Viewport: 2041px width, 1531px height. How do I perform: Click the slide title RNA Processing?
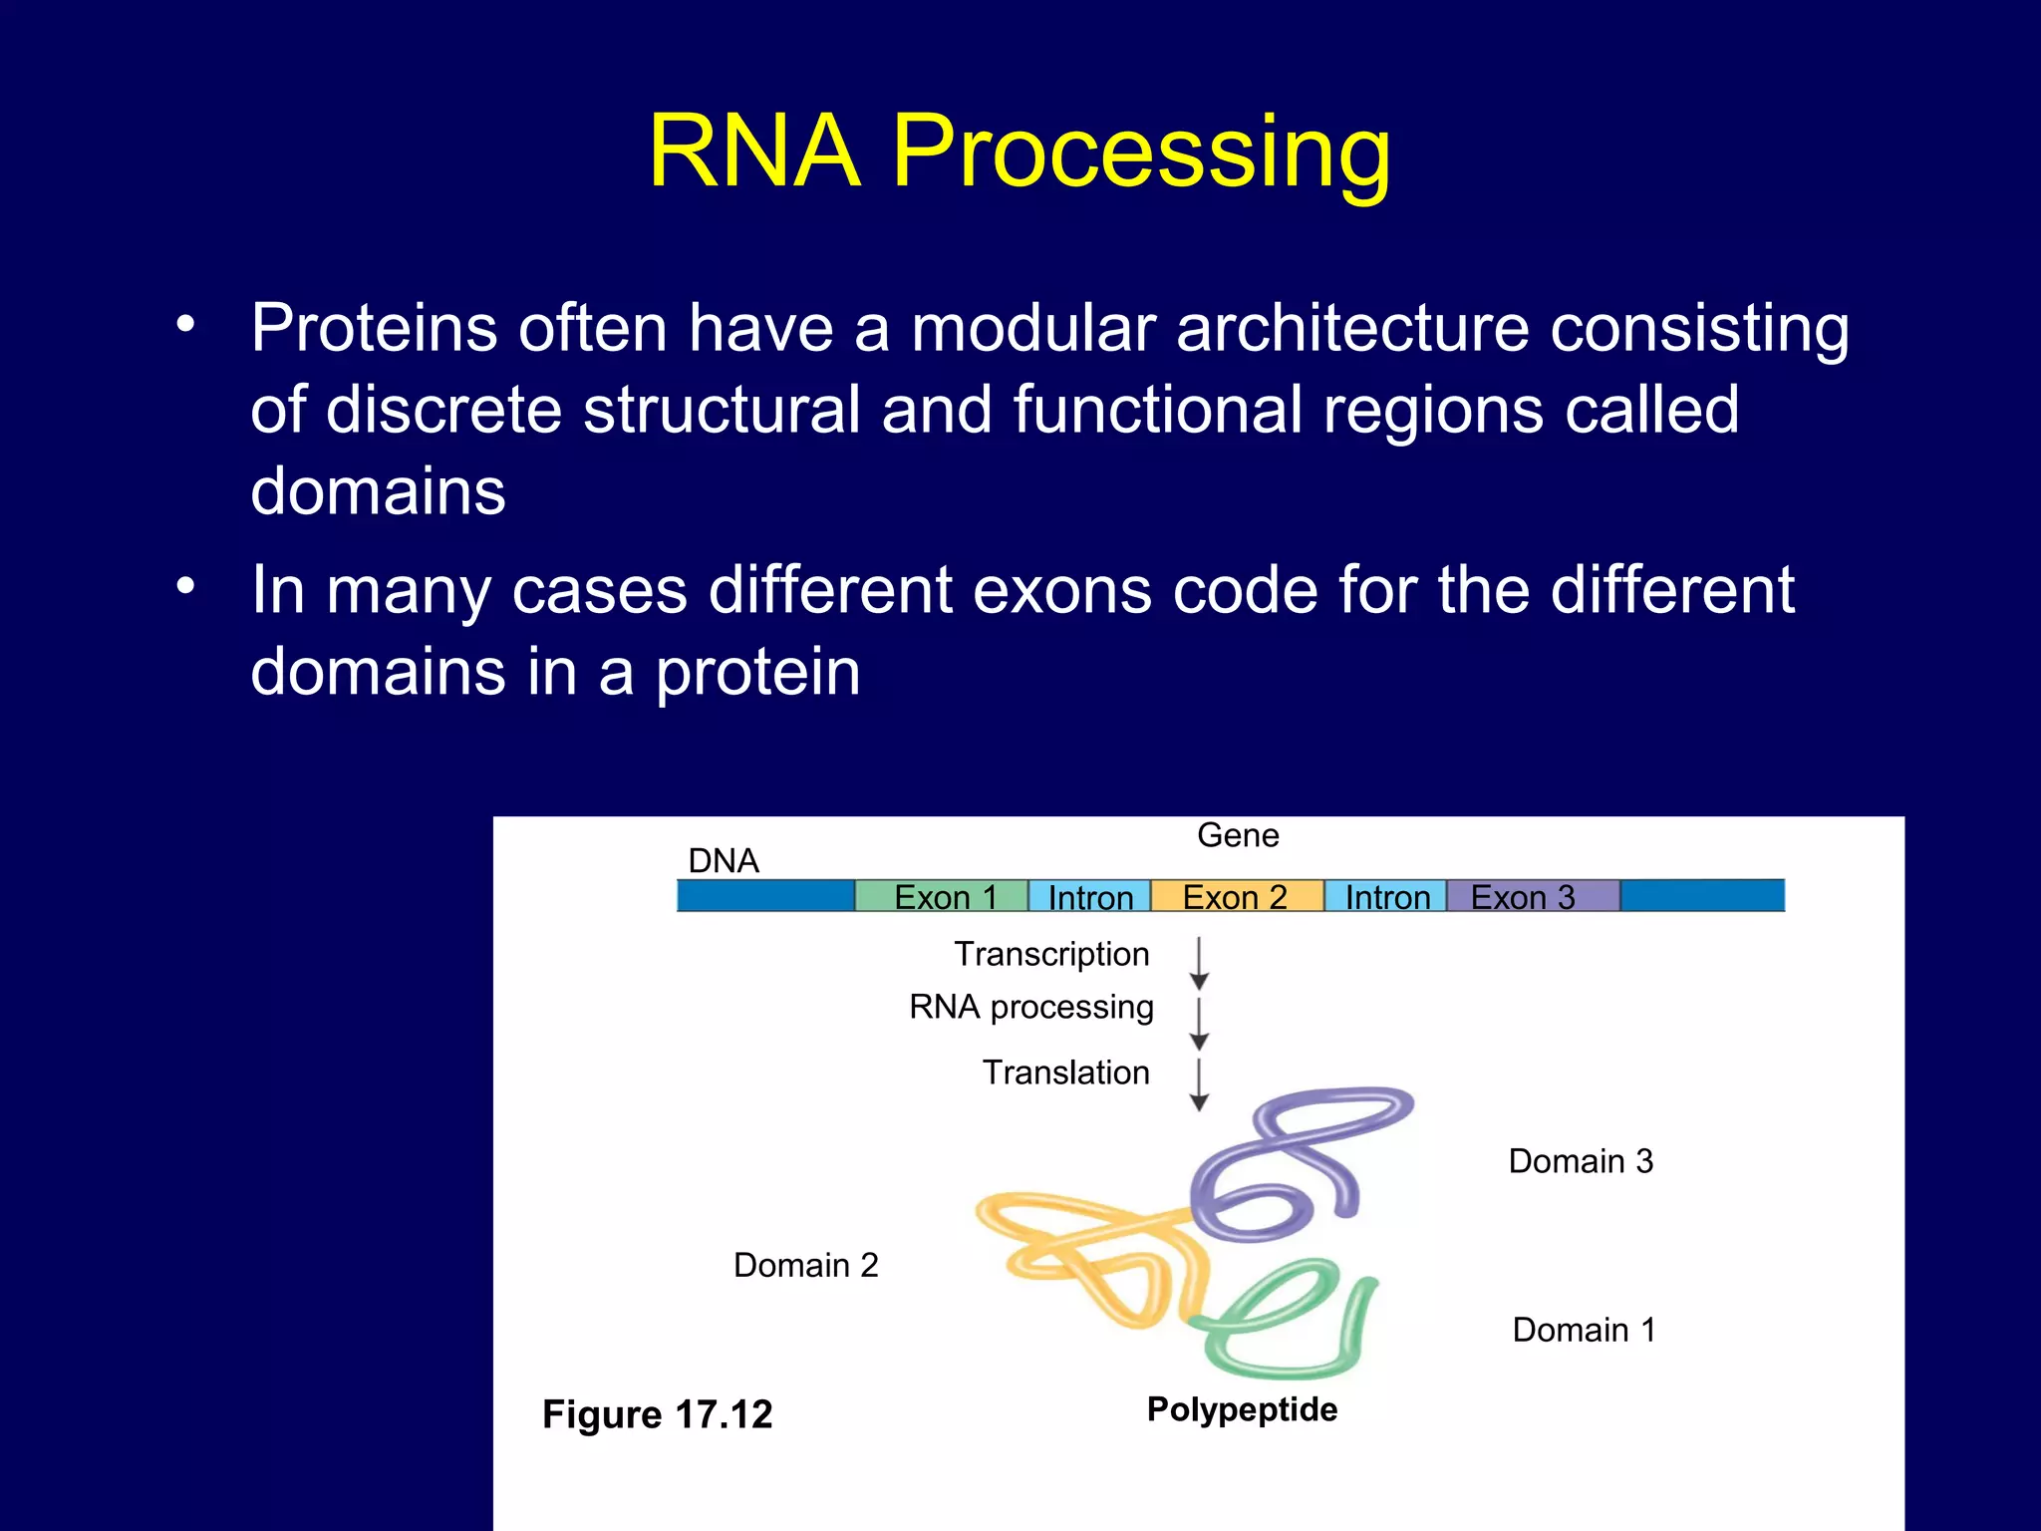click(x=1019, y=152)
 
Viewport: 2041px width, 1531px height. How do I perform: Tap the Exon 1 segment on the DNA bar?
click(x=942, y=896)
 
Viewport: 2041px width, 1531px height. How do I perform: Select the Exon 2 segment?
click(x=1236, y=896)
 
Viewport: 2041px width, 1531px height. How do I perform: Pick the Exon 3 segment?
click(x=1531, y=896)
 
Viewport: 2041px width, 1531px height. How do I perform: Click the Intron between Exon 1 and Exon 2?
click(x=1089, y=896)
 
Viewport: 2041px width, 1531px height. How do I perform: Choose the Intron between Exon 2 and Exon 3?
click(x=1386, y=896)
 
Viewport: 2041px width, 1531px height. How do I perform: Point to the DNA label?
click(x=724, y=860)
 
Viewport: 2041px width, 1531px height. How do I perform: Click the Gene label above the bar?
click(x=1238, y=835)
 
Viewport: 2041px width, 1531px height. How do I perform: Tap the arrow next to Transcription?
click(x=1200, y=963)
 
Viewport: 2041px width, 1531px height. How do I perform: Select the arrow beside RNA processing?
click(x=1200, y=1024)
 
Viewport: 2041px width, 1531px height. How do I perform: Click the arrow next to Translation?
click(x=1200, y=1085)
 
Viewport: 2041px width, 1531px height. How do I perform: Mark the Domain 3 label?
click(x=1581, y=1161)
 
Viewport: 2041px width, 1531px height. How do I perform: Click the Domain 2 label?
click(x=805, y=1265)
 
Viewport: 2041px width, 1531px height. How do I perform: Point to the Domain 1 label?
click(x=1584, y=1330)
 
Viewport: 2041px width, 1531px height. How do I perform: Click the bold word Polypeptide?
click(x=1242, y=1409)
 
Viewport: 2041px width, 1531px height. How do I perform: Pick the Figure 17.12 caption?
click(x=657, y=1414)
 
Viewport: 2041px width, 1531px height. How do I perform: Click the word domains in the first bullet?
click(x=378, y=491)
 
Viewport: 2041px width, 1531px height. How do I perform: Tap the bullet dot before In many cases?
click(x=185, y=586)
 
